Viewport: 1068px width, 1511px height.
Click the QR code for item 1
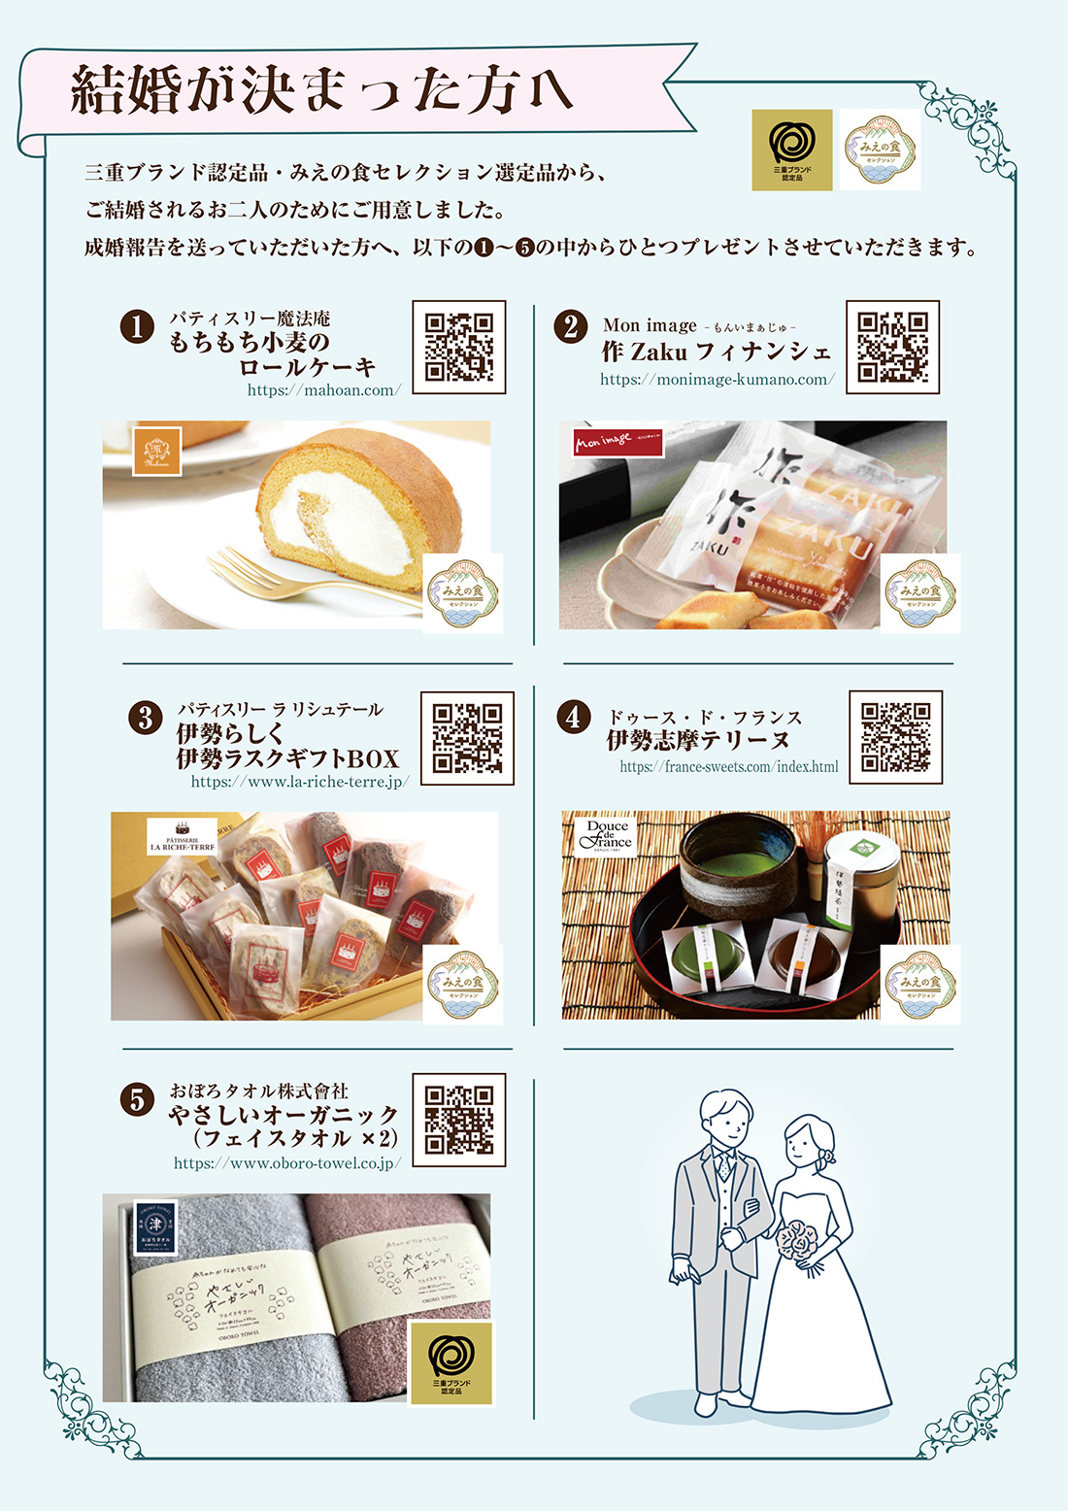(459, 347)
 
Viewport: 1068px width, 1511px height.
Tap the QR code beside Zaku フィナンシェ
(892, 347)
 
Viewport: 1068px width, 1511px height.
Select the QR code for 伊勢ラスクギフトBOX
(467, 738)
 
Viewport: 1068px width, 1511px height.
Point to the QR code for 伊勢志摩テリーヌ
(895, 737)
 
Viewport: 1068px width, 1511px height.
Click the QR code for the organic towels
(459, 1120)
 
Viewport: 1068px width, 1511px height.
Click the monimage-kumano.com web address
(717, 380)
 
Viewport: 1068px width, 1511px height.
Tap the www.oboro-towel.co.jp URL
(287, 1162)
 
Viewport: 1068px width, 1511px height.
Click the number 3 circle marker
(145, 718)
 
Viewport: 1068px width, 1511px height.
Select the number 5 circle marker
(137, 1100)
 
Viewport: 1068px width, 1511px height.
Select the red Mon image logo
(617, 442)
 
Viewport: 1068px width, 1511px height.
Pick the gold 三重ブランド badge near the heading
(792, 150)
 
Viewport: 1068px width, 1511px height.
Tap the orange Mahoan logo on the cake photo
(157, 452)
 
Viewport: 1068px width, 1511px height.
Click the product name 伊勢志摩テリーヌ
(698, 741)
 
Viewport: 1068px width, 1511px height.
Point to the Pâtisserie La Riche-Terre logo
(182, 838)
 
